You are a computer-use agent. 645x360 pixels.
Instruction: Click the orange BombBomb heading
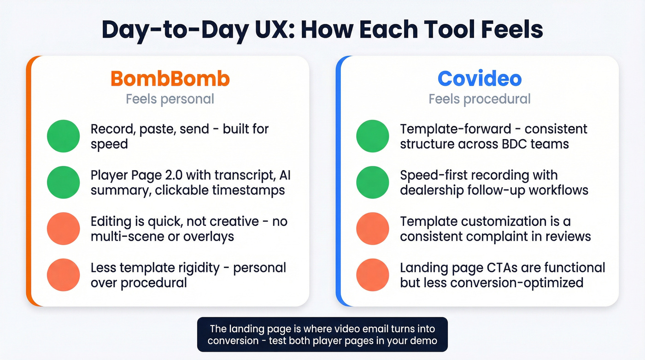tap(170, 79)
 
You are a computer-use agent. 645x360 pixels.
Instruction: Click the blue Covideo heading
tap(480, 79)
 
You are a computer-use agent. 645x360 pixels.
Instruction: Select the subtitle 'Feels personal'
tap(170, 99)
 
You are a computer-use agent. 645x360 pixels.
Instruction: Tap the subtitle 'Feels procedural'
tap(480, 99)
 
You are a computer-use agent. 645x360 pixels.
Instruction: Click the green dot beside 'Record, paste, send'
tap(64, 136)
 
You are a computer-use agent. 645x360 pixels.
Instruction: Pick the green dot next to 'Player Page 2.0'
tap(64, 183)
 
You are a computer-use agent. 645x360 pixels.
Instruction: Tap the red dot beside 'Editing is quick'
tap(64, 229)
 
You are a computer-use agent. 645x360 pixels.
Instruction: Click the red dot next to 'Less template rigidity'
tap(64, 275)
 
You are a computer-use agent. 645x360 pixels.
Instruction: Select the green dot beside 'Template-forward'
tap(373, 136)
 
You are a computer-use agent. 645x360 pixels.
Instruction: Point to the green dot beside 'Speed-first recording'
tap(373, 183)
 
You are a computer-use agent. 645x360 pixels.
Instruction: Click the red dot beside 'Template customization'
tap(373, 229)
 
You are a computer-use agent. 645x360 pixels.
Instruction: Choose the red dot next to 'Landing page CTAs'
tap(373, 275)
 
